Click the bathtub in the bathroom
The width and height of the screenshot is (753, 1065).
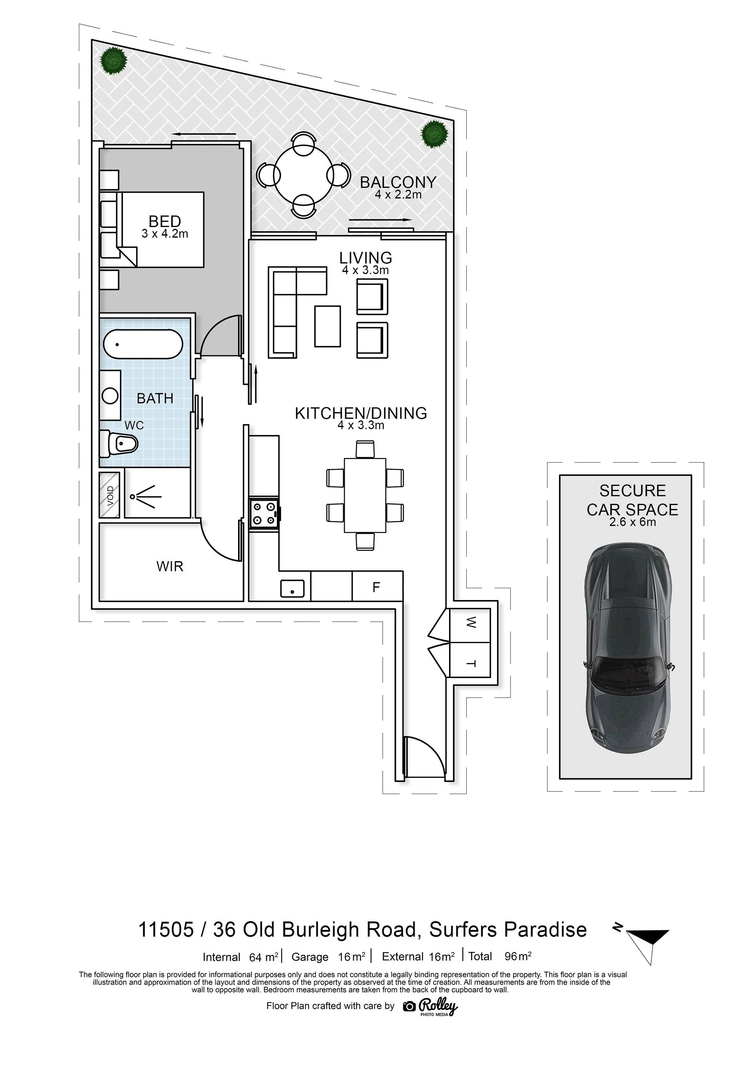click(143, 344)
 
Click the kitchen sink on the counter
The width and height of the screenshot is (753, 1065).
click(292, 589)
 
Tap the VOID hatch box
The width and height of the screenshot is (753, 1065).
click(109, 495)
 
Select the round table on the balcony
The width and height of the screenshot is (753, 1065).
click(304, 175)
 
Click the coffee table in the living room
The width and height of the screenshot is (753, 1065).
click(327, 326)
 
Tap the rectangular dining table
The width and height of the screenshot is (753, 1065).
click(365, 495)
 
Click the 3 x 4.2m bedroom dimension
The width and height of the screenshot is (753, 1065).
click(165, 234)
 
